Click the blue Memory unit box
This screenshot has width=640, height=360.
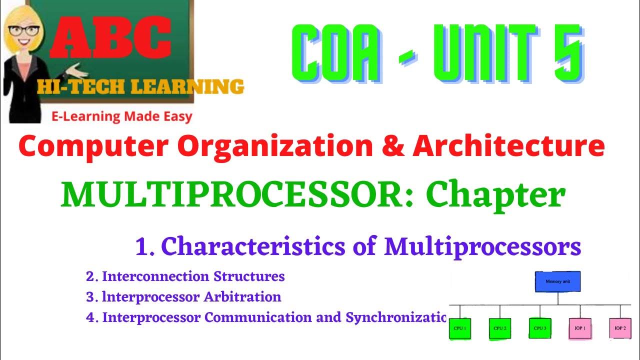557,282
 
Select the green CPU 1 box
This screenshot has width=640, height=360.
459,328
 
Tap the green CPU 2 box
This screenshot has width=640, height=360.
498,328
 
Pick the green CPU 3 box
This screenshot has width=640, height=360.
539,328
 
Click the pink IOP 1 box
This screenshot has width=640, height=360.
580,328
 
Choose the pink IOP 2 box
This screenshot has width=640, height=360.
620,328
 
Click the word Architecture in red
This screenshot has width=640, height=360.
508,146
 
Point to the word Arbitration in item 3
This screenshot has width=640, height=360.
242,297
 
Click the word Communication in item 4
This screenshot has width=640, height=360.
279,317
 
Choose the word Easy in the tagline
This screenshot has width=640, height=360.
175,116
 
